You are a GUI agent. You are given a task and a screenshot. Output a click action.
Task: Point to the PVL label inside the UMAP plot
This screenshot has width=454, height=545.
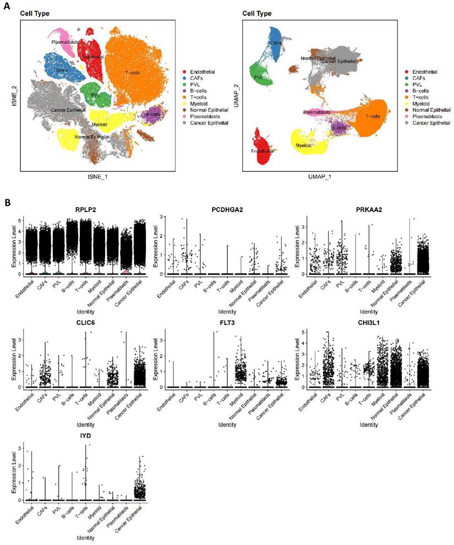[x=259, y=78]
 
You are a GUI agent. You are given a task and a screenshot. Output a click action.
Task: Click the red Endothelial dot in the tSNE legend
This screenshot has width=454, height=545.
[x=186, y=72]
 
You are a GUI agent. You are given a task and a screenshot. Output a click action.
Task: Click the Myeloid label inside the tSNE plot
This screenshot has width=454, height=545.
[x=100, y=124]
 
